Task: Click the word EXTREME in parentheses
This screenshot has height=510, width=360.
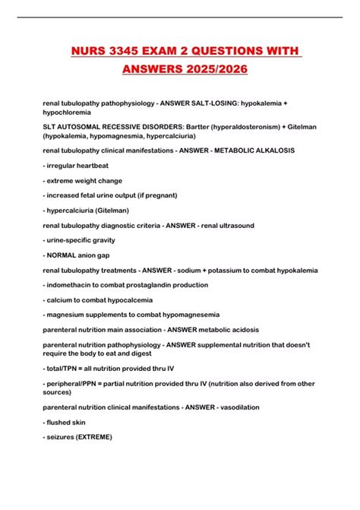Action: (92, 437)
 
